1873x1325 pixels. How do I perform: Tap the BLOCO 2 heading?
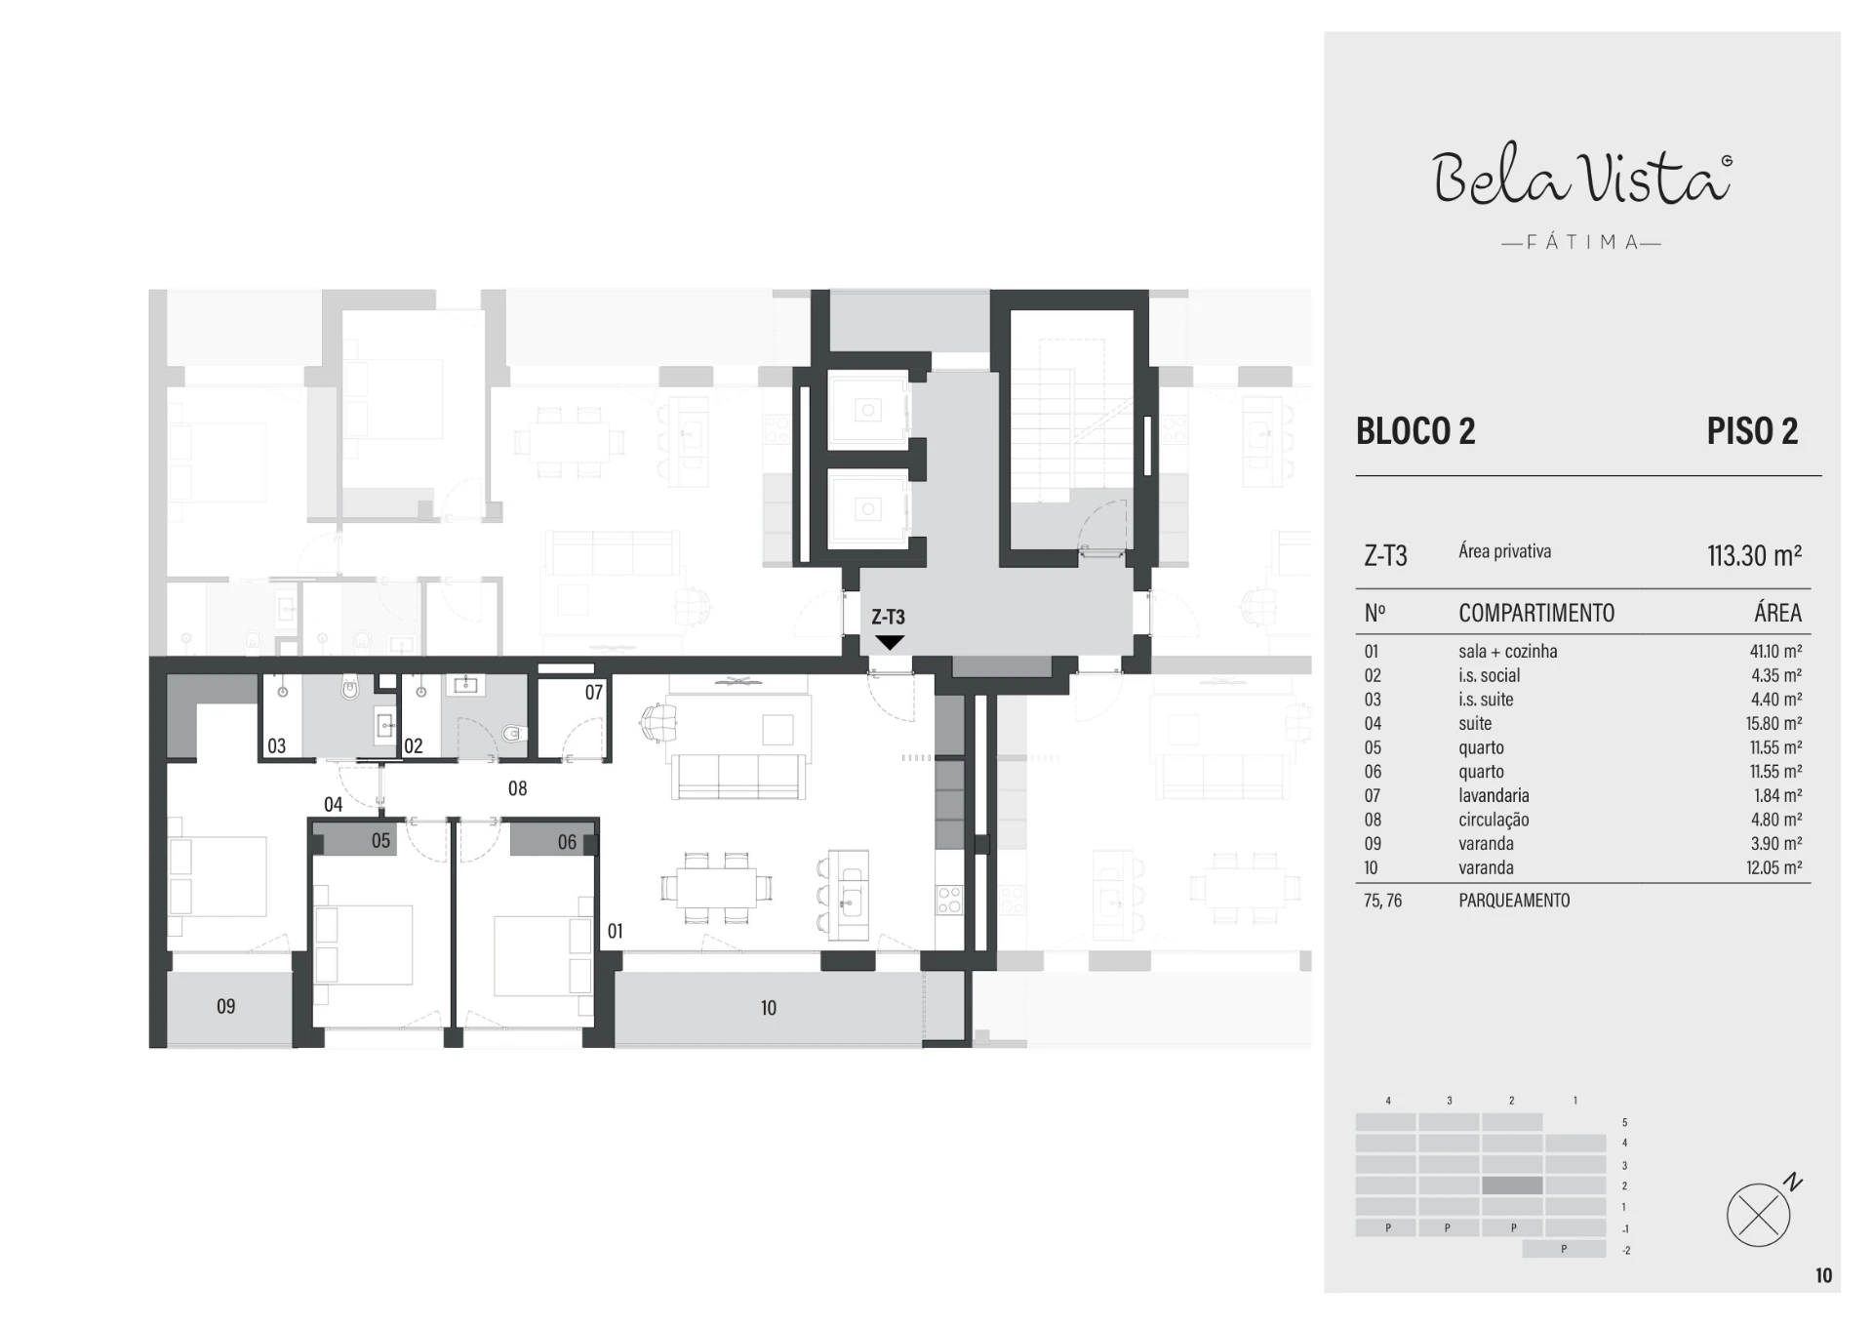point(1415,431)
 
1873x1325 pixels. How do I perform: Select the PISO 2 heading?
point(1752,431)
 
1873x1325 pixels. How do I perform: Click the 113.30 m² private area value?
point(1754,555)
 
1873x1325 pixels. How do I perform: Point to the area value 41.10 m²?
point(1775,652)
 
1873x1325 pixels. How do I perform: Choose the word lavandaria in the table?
point(1494,796)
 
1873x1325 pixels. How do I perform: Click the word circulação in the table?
point(1494,821)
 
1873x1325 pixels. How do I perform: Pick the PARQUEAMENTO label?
point(1514,901)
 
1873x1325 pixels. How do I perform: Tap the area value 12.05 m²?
point(1774,868)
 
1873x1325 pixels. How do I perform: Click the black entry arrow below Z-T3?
point(889,642)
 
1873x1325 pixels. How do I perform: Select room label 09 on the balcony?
point(225,1006)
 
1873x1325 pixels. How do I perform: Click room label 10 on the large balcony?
point(769,1008)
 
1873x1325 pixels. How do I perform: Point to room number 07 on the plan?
point(594,693)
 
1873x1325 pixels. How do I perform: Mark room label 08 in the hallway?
point(517,788)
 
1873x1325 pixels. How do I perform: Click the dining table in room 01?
point(717,888)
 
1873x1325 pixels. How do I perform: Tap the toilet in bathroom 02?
point(513,733)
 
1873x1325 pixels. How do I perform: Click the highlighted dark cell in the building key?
point(1512,1185)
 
